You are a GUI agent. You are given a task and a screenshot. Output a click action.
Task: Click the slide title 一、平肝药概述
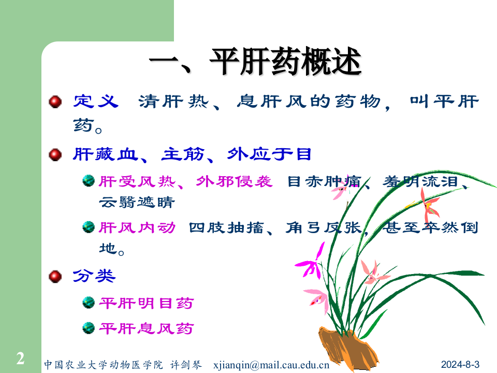tap(255, 63)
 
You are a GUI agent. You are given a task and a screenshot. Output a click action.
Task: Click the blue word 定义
tap(96, 101)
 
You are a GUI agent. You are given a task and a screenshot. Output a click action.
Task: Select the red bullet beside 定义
tap(55, 102)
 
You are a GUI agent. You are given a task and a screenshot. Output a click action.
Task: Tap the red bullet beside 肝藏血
tap(55, 154)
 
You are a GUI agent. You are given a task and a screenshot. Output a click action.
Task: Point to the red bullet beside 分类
tap(55, 277)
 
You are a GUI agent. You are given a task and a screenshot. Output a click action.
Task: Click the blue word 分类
tap(94, 276)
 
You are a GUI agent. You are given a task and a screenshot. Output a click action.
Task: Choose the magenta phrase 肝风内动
tap(137, 227)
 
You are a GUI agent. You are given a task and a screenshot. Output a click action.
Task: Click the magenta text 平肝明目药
tap(146, 303)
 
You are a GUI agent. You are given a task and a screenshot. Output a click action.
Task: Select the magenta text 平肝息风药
tap(146, 328)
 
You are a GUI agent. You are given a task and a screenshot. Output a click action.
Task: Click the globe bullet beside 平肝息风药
tap(89, 327)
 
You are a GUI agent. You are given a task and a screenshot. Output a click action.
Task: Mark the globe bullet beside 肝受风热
tap(89, 181)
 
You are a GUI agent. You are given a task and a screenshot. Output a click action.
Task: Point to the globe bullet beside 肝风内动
tap(89, 227)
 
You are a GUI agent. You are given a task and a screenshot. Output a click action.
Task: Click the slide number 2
tap(20, 358)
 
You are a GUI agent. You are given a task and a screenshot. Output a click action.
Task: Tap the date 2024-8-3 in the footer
tap(461, 364)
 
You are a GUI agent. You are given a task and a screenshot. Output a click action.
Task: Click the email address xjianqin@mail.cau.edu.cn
tap(271, 364)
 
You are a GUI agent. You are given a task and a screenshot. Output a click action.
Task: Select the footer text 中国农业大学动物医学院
tap(103, 364)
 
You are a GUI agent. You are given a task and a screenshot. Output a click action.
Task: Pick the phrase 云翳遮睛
tap(136, 202)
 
